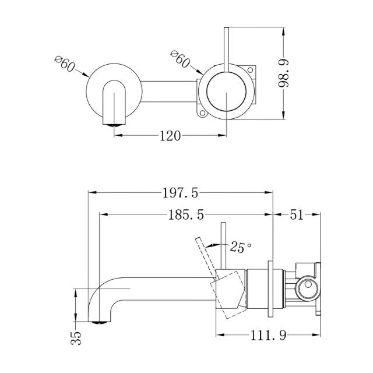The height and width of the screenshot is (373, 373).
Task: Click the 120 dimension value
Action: (x=168, y=136)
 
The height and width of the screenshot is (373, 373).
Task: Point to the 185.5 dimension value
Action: (x=185, y=215)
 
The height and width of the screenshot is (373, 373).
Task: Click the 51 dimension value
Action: (x=297, y=215)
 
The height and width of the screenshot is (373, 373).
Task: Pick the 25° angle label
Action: (x=241, y=247)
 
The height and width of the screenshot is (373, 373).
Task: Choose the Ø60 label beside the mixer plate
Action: (x=180, y=58)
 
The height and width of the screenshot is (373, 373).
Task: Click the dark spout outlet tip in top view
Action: (x=114, y=122)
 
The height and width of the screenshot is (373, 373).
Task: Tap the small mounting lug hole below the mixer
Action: (x=203, y=111)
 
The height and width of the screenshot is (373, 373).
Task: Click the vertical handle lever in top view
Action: (x=226, y=47)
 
